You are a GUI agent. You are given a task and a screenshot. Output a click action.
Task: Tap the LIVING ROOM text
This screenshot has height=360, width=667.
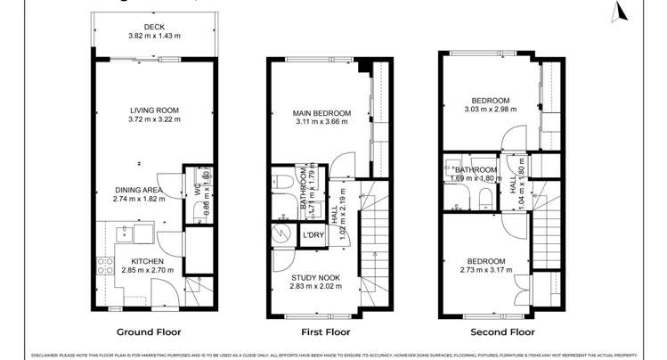point(153,110)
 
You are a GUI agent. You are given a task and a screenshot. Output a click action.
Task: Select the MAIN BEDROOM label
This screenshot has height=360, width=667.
point(321,113)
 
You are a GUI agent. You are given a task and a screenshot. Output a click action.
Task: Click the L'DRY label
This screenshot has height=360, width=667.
point(313,235)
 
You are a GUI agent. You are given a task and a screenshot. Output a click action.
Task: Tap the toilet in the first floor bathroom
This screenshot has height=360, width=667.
point(284,182)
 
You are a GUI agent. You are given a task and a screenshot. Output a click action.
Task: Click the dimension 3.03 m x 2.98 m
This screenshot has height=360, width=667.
point(490,110)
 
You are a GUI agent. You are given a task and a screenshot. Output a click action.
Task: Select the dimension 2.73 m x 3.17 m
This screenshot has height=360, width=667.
point(484,271)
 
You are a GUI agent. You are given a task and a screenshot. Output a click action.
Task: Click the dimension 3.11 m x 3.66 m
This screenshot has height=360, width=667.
point(321,123)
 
